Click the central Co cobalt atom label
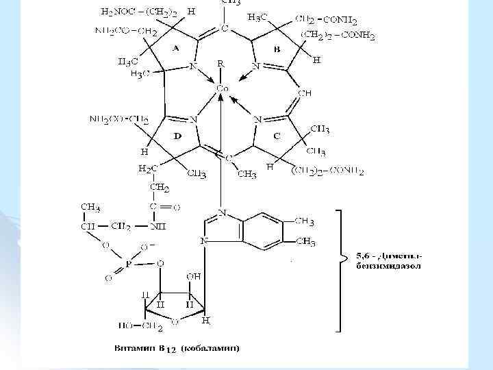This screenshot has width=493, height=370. [x=223, y=89]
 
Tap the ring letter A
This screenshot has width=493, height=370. [x=175, y=49]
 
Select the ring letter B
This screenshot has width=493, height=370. [x=277, y=49]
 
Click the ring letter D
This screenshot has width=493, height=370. [x=177, y=136]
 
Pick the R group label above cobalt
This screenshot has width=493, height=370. [x=220, y=63]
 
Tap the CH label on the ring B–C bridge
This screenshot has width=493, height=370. [x=305, y=92]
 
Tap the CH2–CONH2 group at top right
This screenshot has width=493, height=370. [x=329, y=21]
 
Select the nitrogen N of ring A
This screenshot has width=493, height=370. [x=194, y=66]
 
